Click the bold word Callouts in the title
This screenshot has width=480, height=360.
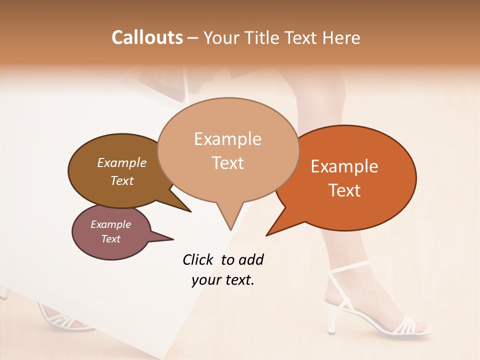(x=147, y=37)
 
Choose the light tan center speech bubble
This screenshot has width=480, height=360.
(x=228, y=150)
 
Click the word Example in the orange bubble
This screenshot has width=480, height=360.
(x=344, y=166)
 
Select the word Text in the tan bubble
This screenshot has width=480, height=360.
(x=228, y=162)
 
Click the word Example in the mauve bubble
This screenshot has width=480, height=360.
(x=110, y=224)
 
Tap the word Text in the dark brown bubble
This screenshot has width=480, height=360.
(x=122, y=180)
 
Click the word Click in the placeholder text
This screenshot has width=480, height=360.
(x=198, y=259)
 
